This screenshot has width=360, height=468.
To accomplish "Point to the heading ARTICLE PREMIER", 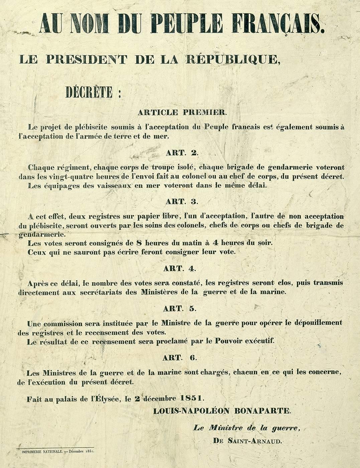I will (182, 112).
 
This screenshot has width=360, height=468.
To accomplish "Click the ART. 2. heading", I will (182, 153).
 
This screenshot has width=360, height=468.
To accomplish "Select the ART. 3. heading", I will (182, 202).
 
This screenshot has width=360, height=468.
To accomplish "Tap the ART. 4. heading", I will (182, 268).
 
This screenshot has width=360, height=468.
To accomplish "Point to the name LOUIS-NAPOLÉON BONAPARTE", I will (222, 410).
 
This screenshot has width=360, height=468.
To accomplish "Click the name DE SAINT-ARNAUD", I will (247, 441).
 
